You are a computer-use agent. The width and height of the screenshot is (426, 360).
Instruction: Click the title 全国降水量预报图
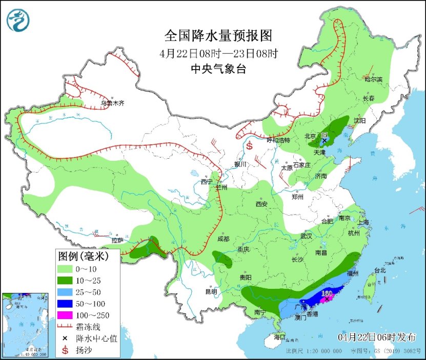coord(217,36)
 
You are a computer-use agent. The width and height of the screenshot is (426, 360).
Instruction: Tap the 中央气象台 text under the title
coord(218,69)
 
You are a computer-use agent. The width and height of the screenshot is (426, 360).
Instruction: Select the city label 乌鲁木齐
coord(112,103)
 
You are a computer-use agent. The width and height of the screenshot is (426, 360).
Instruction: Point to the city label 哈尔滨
coord(374,79)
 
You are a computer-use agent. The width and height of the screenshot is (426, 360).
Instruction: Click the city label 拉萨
coord(117,240)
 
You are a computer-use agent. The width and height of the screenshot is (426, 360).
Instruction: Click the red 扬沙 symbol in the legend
coord(65,350)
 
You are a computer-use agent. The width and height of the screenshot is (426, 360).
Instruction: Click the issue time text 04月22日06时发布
coord(377,336)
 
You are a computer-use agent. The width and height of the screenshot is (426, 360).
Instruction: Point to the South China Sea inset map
coord(26,325)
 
